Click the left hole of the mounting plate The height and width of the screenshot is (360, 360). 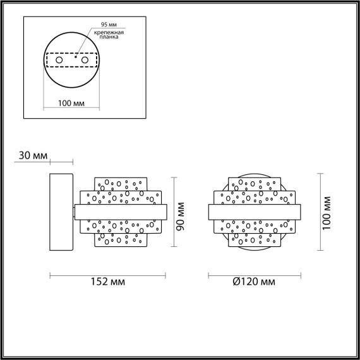click(x=60, y=59)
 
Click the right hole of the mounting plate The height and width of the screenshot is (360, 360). click(x=83, y=59)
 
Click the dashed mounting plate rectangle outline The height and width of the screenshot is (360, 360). click(x=71, y=52)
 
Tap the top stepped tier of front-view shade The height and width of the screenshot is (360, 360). click(x=255, y=183)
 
